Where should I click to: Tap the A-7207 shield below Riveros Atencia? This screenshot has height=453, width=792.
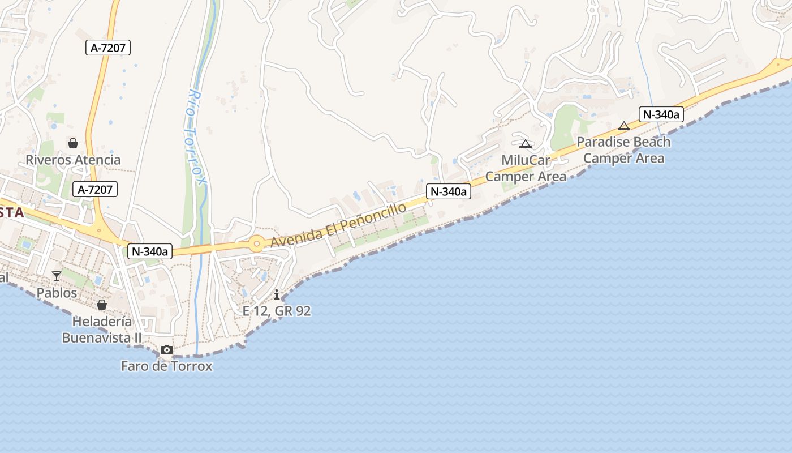click(x=95, y=189)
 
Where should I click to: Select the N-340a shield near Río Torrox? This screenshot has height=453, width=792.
click(x=149, y=251)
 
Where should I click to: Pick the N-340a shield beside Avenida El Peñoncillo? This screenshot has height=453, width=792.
click(x=448, y=191)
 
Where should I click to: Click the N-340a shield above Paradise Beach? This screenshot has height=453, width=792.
click(x=661, y=114)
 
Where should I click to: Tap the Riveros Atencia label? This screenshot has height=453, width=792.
click(x=73, y=160)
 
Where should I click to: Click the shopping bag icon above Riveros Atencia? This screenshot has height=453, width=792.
click(x=73, y=143)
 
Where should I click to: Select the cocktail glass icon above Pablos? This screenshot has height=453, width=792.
click(x=57, y=276)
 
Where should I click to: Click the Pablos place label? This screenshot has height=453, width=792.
click(x=57, y=293)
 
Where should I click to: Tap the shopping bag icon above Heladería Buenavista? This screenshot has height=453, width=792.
click(x=102, y=305)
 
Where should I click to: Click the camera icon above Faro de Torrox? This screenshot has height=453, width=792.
click(x=166, y=349)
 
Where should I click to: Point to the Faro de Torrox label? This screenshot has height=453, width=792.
click(x=167, y=366)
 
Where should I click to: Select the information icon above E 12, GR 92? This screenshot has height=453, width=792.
click(x=277, y=294)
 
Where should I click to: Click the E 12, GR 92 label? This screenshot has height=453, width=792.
click(x=277, y=311)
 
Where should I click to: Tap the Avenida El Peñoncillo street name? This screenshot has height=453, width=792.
click(x=338, y=225)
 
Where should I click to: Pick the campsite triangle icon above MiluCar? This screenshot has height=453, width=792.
click(x=526, y=144)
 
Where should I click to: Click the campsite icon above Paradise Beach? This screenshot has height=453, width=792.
click(x=624, y=126)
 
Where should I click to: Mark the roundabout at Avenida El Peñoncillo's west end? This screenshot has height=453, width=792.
click(x=257, y=244)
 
